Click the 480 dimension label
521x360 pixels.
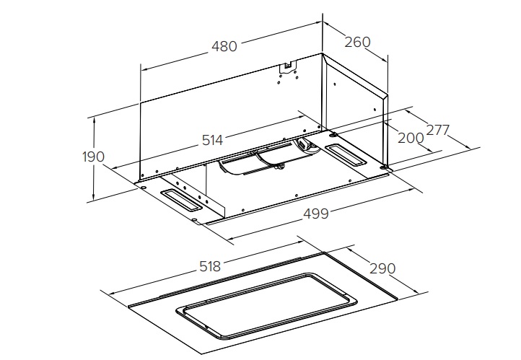pyautogui.click(x=224, y=46)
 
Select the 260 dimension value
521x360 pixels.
pyautogui.click(x=357, y=42)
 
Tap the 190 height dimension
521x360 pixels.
pyautogui.click(x=93, y=157)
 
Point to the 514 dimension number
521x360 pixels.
pyautogui.click(x=213, y=140)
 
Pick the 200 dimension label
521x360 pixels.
pyautogui.click(x=411, y=138)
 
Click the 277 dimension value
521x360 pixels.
pyautogui.click(x=437, y=130)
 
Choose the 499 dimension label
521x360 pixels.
pyautogui.click(x=316, y=214)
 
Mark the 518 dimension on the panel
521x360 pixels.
pyautogui.click(x=210, y=266)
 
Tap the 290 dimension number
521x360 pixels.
pyautogui.click(x=382, y=268)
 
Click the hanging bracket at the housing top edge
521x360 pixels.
pyautogui.click(x=288, y=66)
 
